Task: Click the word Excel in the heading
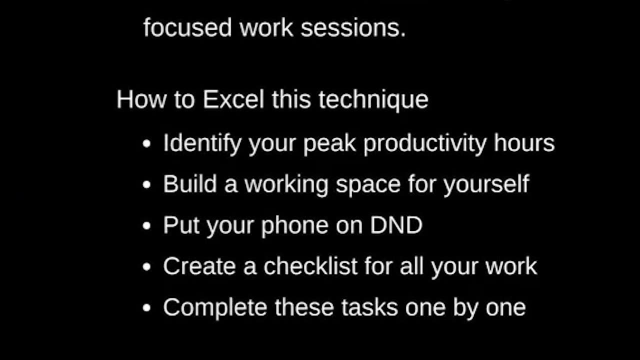coord(233,99)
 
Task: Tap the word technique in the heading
coord(373,100)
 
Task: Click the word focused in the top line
coord(187,27)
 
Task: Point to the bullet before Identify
coord(146,143)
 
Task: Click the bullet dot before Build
coord(146,184)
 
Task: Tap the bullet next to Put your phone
coord(146,225)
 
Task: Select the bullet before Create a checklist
coord(146,267)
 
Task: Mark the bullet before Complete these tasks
coord(146,307)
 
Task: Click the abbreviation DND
coord(396,225)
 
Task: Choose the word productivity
coord(425,144)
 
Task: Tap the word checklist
coord(310,266)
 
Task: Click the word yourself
coord(486,184)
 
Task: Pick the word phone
coord(295,225)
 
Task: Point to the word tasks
coord(369,307)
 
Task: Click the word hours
coord(524,142)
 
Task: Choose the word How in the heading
coord(141,99)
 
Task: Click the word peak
coord(329,144)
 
